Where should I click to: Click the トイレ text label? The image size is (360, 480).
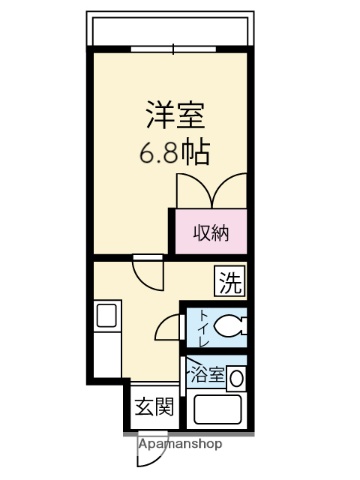click(203, 326)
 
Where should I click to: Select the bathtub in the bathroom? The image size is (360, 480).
click(221, 412)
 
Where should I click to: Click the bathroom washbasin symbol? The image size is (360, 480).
click(236, 379)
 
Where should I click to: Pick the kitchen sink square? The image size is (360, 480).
click(105, 317)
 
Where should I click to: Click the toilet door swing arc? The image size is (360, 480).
click(172, 325)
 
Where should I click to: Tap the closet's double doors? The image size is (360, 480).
click(211, 190)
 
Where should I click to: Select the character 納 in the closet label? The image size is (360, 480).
click(221, 234)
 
